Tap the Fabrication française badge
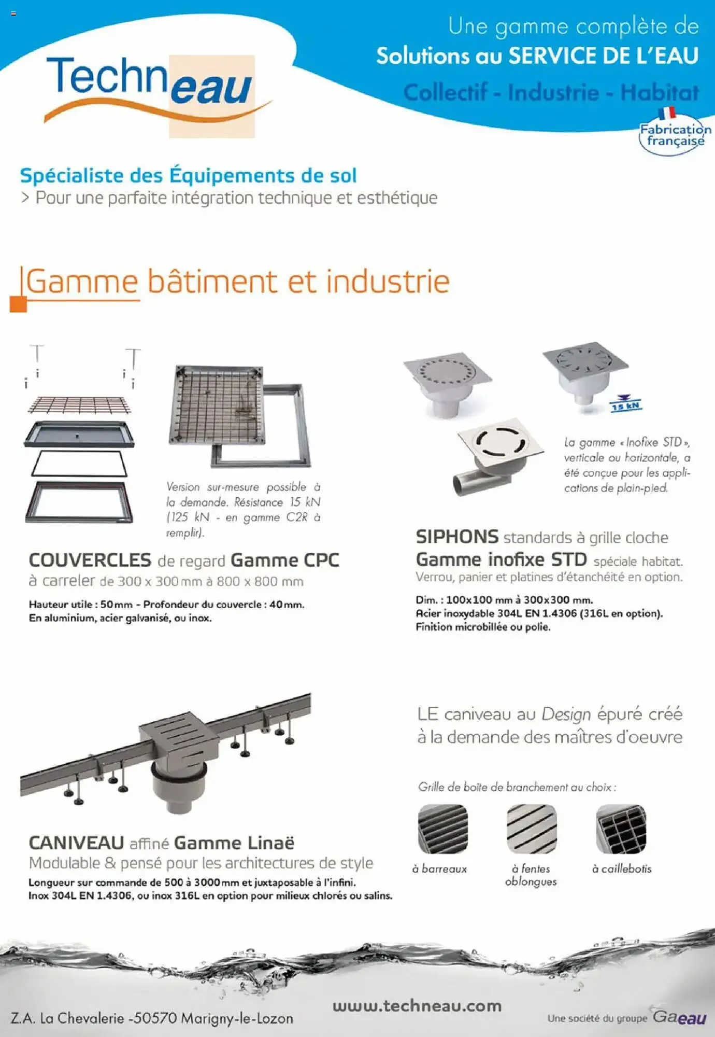point(674,134)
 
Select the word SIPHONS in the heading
point(457,537)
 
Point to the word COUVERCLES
point(90,560)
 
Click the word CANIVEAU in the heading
point(76,843)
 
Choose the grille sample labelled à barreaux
point(443,829)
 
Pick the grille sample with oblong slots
point(532,829)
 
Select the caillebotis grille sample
point(621,829)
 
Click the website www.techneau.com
point(417,1006)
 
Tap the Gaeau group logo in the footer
point(679,1016)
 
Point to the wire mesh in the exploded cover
point(79,404)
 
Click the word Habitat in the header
point(659,92)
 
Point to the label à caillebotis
point(621,868)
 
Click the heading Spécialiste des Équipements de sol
point(188,175)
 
